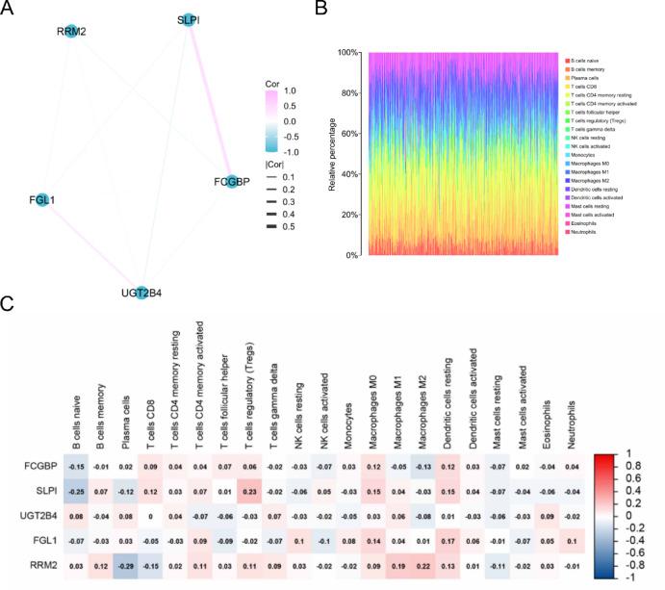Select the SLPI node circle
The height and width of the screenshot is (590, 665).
pos(189,20)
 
